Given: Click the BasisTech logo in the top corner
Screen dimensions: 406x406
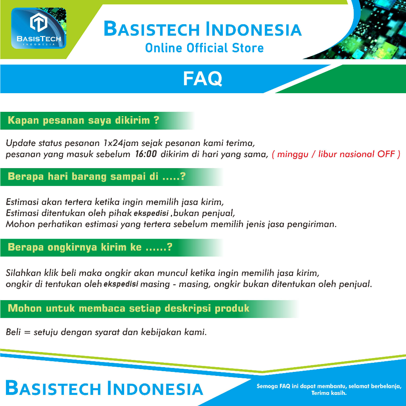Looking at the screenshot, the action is (x=38, y=28).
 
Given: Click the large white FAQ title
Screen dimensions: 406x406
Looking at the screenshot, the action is (x=203, y=79).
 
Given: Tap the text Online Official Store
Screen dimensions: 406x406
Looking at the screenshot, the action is (x=204, y=48).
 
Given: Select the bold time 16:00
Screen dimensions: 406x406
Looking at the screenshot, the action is (x=146, y=154).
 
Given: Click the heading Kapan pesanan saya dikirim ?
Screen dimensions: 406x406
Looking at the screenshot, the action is (x=83, y=121).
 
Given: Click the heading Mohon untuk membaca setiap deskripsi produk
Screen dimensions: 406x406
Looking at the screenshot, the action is (x=128, y=308).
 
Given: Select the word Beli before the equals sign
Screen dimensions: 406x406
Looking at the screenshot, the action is (x=13, y=332).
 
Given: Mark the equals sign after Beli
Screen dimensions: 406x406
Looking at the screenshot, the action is (x=27, y=332).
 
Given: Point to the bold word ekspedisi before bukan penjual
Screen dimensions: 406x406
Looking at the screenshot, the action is (x=151, y=213).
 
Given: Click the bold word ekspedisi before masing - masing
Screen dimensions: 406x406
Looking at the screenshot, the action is (x=121, y=284).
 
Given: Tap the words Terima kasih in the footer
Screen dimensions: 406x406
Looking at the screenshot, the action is (x=329, y=393).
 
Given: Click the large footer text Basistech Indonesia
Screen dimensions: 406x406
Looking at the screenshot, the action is (x=104, y=388).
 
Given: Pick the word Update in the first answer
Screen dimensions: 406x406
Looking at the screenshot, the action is (x=21, y=143).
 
